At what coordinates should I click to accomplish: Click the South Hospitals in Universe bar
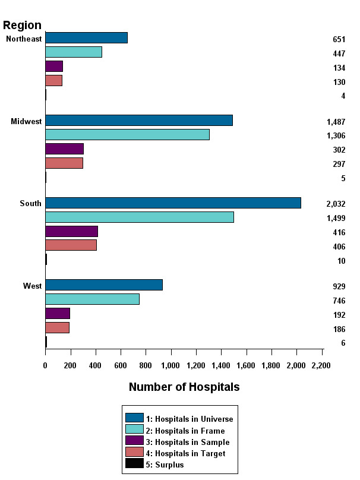point(173,203)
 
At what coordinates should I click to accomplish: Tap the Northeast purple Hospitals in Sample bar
point(54,67)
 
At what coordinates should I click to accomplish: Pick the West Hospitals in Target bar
point(57,328)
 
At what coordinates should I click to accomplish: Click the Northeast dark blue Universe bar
point(86,38)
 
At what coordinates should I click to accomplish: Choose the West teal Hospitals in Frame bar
point(92,299)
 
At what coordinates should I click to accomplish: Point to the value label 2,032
point(336,204)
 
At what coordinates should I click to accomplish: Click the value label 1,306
point(336,136)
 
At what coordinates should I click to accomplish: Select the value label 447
point(339,54)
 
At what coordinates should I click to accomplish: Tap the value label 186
point(339,330)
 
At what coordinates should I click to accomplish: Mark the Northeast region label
point(24,39)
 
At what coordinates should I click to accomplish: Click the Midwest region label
point(26,122)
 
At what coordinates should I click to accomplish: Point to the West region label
point(32,286)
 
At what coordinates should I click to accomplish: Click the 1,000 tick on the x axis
point(170,365)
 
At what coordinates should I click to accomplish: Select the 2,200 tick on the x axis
point(321,365)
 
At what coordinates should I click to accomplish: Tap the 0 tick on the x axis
point(45,365)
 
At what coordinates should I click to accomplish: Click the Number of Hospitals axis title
point(184,387)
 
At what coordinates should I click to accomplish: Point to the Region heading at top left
point(23,25)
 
